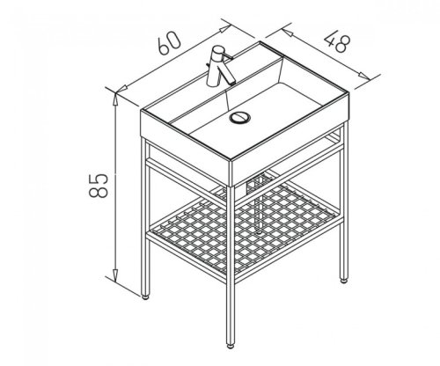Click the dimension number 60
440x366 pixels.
169,43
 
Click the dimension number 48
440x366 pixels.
337,43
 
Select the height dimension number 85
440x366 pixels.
99,186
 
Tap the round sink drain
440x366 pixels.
239,117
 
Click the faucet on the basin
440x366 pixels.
219,66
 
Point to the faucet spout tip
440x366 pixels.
231,83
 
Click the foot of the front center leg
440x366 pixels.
231,346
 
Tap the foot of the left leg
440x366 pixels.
145,296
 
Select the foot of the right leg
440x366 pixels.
343,281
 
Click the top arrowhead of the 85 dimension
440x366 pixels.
115,99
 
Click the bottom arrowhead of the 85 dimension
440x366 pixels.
115,276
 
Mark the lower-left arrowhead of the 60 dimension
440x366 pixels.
121,89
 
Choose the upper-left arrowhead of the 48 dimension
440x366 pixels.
288,33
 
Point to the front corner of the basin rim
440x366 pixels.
231,160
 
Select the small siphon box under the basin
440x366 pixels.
257,183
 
